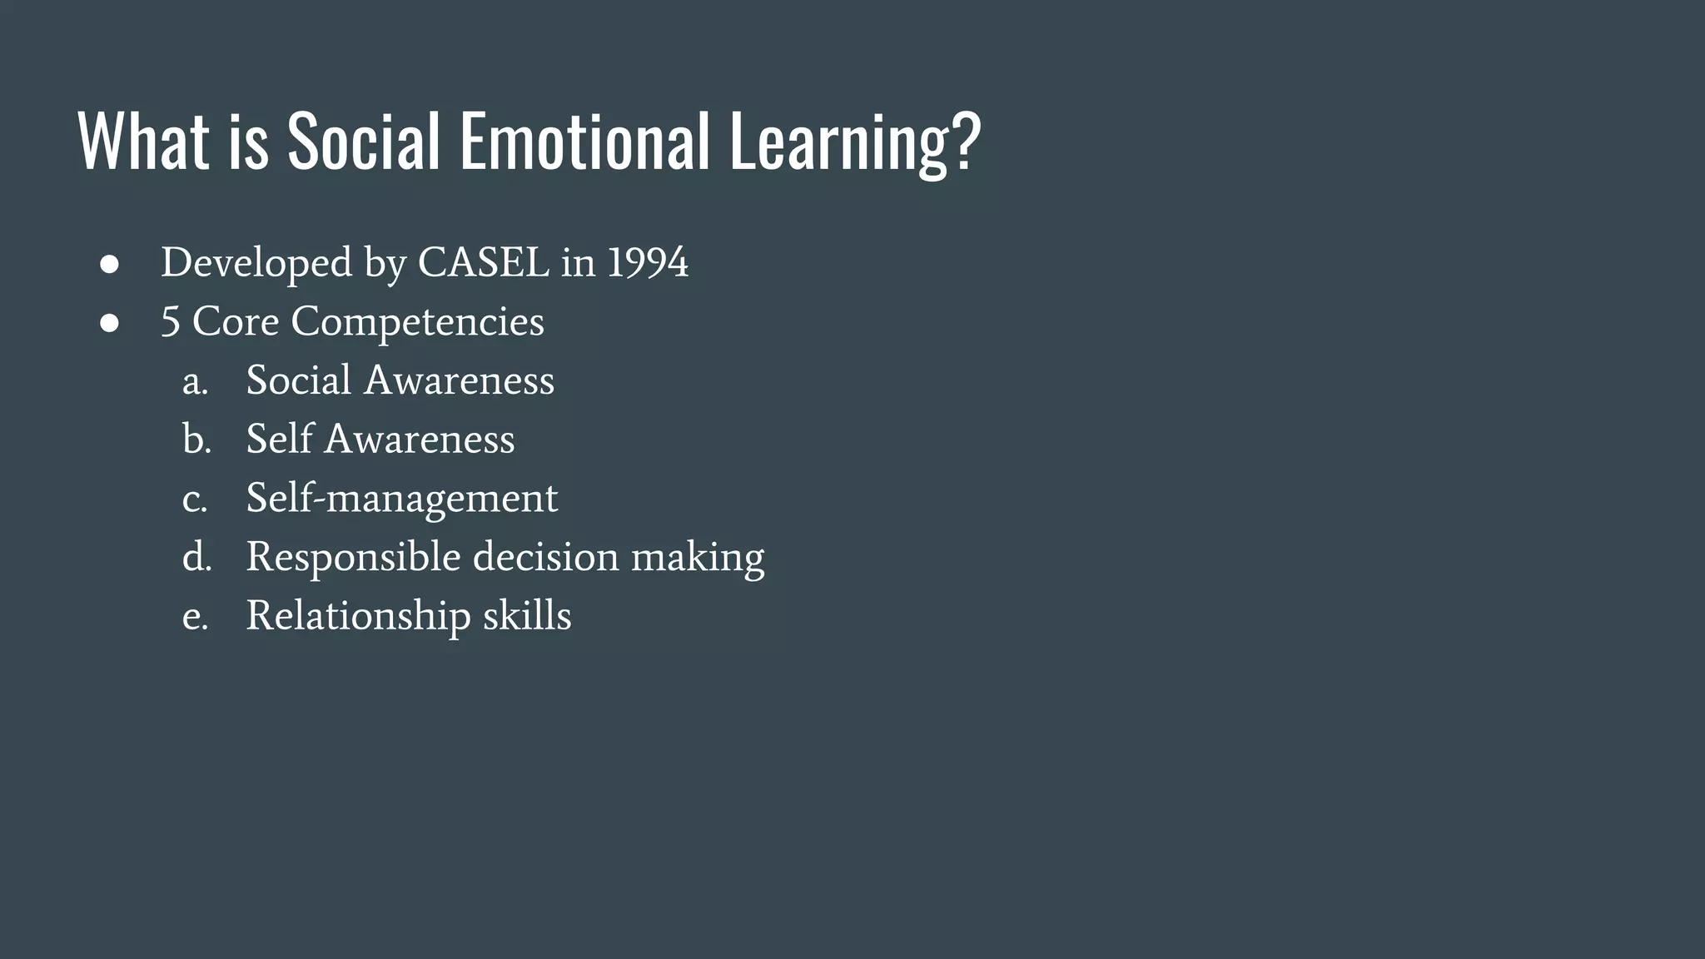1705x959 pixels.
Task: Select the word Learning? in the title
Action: click(855, 143)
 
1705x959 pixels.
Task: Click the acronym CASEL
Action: click(483, 263)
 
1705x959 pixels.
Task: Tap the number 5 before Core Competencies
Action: click(170, 322)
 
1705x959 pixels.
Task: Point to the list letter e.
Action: click(194, 617)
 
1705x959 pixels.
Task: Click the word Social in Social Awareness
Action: click(299, 380)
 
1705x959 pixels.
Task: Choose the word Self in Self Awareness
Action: click(279, 439)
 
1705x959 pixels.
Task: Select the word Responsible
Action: click(353, 558)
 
